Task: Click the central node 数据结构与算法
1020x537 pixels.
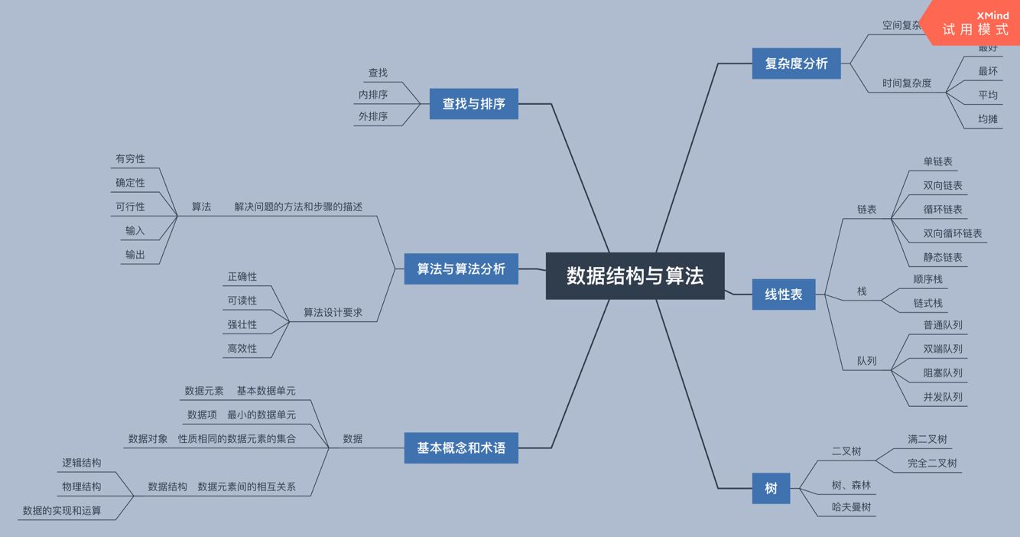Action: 635,275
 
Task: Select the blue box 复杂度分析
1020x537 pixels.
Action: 796,63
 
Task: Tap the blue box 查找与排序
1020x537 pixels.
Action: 473,103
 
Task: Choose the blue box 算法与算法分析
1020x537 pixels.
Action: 460,268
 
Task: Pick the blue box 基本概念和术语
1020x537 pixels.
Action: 460,447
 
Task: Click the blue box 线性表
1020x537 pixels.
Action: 784,294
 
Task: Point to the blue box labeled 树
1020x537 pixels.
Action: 771,488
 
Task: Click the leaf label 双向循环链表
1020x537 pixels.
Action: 952,233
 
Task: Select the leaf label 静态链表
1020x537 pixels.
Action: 942,257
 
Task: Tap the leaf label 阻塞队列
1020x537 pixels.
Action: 942,373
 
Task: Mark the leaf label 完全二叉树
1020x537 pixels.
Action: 931,463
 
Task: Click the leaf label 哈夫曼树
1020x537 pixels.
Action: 851,506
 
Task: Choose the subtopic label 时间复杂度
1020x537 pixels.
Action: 906,83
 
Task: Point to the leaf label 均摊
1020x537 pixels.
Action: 987,119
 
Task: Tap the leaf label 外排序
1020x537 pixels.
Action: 372,116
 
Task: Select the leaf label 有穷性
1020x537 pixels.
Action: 130,158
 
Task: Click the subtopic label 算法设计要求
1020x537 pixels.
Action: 333,312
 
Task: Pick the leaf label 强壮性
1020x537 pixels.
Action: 242,324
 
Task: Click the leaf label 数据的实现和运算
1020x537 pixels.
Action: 62,510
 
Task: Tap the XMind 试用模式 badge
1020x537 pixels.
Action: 976,23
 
